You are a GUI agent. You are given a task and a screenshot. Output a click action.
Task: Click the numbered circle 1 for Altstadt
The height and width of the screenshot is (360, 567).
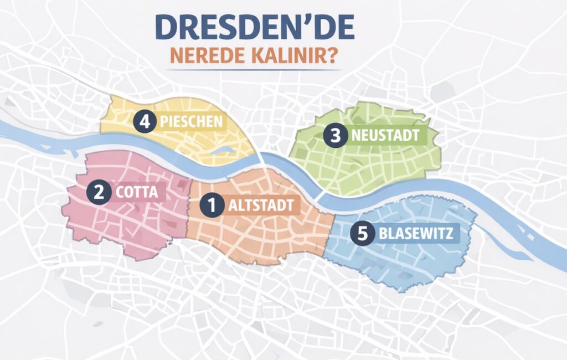211,205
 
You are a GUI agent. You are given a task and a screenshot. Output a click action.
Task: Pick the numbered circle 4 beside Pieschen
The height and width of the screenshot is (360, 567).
145,121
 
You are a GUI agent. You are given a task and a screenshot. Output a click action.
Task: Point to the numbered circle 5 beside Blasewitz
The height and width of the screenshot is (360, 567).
363,233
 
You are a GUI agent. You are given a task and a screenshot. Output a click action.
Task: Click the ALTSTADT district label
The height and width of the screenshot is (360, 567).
261,206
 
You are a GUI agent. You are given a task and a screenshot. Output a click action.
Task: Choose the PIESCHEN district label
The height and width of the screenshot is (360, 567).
191,122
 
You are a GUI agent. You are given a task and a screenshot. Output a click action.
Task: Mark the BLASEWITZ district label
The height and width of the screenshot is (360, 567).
416,234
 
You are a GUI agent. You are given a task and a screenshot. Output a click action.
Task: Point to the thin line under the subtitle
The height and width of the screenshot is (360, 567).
254,70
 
